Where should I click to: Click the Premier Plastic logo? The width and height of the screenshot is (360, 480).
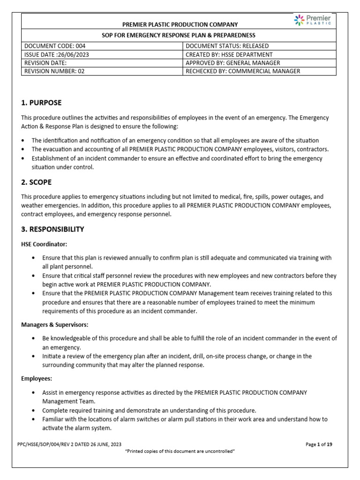click(x=312, y=20)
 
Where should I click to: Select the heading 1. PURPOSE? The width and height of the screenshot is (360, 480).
click(x=41, y=103)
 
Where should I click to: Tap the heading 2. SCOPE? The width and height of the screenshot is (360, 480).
click(x=37, y=182)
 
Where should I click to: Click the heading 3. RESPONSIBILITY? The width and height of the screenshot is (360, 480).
click(x=52, y=229)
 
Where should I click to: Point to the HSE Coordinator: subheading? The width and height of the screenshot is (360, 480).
click(x=45, y=245)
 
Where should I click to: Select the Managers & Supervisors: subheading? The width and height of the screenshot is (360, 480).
click(x=55, y=324)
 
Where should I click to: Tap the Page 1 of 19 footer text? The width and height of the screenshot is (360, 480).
click(x=319, y=444)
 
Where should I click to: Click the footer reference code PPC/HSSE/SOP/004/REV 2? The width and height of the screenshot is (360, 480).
click(x=71, y=444)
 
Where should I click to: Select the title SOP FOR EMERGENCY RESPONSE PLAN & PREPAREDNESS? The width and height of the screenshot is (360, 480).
click(x=179, y=35)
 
